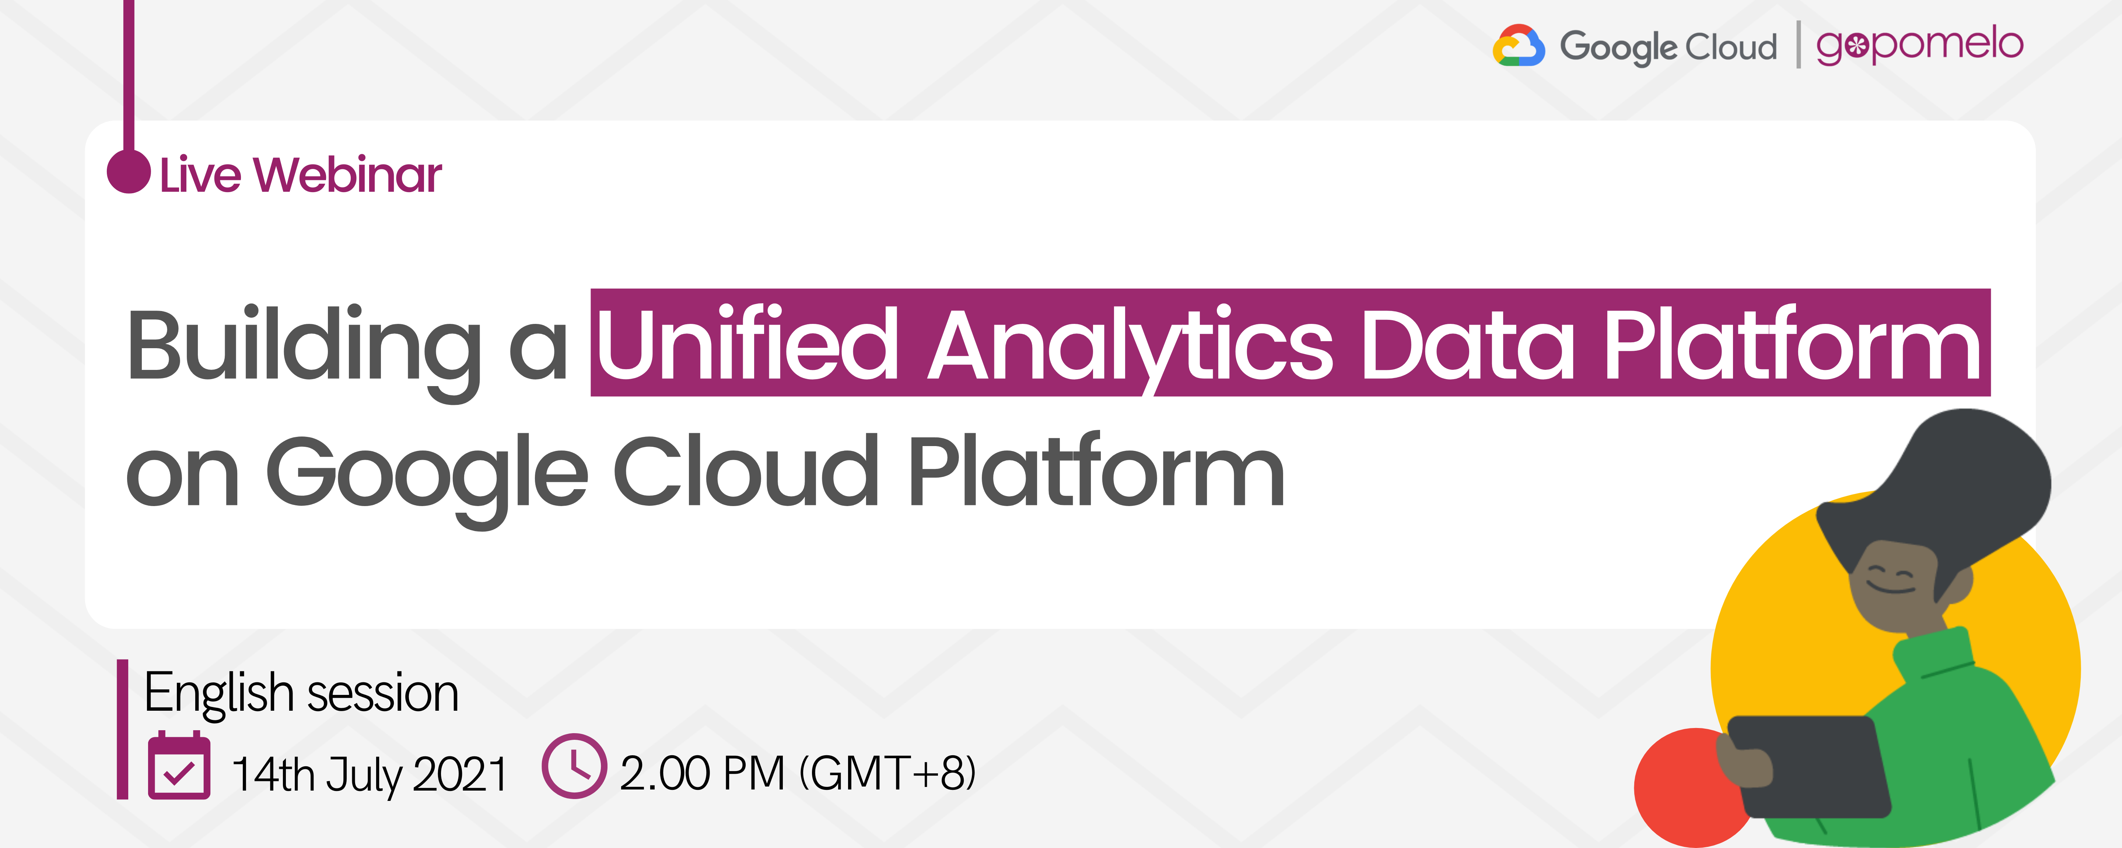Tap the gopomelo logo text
(x=1919, y=45)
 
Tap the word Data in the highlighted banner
(x=1468, y=344)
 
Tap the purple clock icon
(x=574, y=766)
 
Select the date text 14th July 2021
(x=369, y=774)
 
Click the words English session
(x=301, y=692)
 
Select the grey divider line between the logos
(x=1797, y=45)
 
